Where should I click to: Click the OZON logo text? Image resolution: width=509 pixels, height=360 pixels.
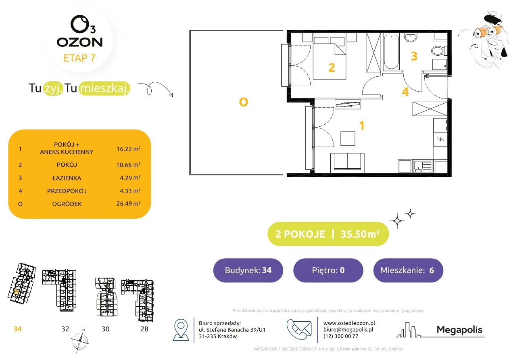point(79,42)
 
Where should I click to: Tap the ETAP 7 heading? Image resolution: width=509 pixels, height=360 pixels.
point(79,58)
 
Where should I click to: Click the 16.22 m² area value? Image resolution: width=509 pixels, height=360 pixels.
point(128,149)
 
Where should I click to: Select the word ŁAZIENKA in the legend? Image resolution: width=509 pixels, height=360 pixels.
point(67,178)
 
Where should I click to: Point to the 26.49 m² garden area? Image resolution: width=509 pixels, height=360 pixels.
point(128,203)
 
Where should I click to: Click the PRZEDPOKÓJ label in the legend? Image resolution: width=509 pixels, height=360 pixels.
point(67,191)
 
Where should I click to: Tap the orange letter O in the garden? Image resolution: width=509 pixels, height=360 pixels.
point(243,102)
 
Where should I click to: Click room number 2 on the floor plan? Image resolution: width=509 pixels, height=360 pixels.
point(332,67)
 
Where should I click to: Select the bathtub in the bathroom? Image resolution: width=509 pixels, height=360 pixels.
point(391,52)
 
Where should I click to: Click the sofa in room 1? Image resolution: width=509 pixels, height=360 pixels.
point(347,163)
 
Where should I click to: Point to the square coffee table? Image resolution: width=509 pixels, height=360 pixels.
point(348,138)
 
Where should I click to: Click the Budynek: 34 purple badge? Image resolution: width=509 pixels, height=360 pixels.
point(248,270)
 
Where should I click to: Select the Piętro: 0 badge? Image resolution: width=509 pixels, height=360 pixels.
point(328,270)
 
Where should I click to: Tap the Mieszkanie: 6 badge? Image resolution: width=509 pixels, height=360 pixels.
point(408,270)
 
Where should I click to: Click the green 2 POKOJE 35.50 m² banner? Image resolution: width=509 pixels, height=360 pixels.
point(328,234)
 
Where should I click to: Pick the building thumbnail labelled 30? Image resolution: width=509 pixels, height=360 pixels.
point(107,297)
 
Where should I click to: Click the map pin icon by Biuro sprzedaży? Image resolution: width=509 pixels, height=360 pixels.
point(181,330)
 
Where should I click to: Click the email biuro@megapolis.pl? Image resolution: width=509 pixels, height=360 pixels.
point(348,329)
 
